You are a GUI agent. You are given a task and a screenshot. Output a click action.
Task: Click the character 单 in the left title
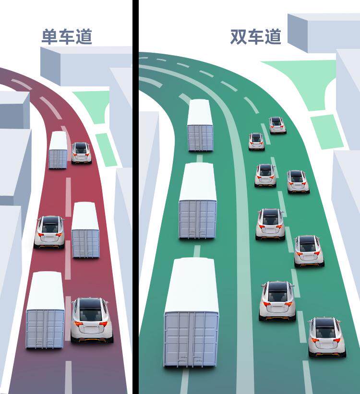(x=49, y=37)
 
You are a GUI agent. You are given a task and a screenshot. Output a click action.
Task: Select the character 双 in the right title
(x=239, y=37)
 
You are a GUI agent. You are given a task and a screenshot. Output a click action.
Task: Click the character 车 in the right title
(x=255, y=37)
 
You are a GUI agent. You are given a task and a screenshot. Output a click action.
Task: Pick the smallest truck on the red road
(x=58, y=151)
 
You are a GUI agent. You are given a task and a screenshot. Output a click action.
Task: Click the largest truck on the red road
(x=45, y=310)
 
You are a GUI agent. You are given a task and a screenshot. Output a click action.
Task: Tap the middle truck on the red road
(x=85, y=230)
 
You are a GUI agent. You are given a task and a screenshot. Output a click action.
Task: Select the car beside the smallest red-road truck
(x=81, y=153)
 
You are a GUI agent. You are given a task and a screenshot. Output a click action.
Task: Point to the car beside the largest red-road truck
(x=91, y=320)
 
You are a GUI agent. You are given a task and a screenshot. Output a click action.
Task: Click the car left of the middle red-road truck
(x=49, y=231)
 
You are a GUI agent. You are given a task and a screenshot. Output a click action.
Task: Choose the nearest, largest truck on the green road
(x=191, y=312)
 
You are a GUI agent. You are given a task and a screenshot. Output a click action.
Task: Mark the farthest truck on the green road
(x=200, y=126)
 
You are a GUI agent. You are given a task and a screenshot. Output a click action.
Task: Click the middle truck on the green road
(x=198, y=201)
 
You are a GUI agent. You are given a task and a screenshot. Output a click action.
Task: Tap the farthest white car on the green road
(x=277, y=125)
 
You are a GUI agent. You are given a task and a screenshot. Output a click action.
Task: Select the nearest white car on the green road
(x=326, y=336)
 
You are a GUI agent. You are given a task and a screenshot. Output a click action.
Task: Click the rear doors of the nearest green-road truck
(x=191, y=338)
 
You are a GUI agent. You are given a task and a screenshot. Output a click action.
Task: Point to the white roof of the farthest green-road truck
(x=200, y=112)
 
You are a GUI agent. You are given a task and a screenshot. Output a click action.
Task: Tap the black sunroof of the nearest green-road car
(x=325, y=323)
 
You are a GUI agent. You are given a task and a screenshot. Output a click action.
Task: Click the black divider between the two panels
(x=135, y=197)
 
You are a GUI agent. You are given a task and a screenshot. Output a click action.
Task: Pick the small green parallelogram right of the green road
(x=326, y=131)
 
